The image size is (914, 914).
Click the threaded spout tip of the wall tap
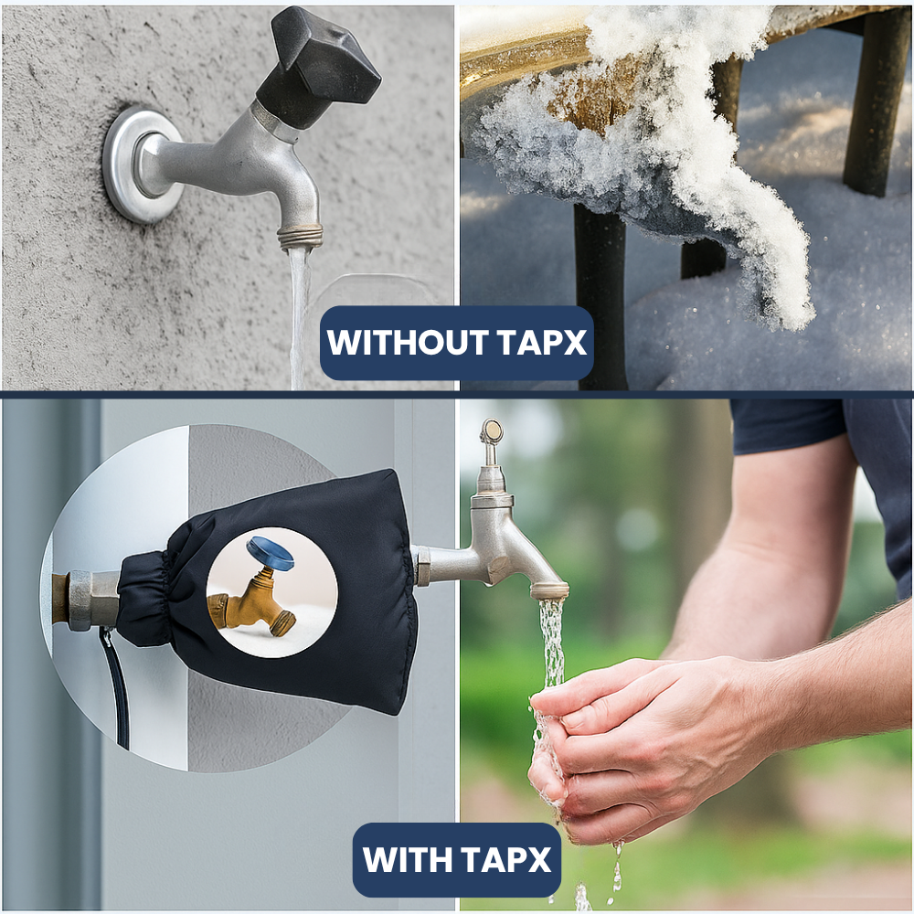[x=300, y=237]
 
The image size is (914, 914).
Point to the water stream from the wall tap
[x=298, y=311]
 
